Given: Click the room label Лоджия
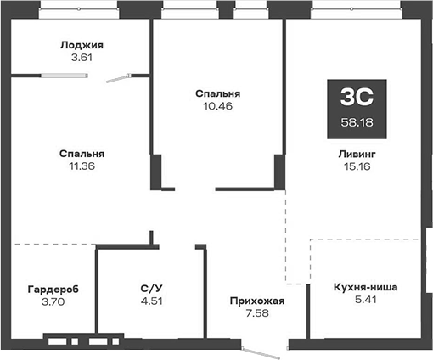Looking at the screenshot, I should pyautogui.click(x=82, y=45).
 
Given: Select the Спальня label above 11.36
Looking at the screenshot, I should pyautogui.click(x=82, y=154).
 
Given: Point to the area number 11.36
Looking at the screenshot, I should pyautogui.click(x=82, y=167).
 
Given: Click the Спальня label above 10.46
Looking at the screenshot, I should pyautogui.click(x=217, y=93).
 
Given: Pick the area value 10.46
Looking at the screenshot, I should pyautogui.click(x=217, y=107).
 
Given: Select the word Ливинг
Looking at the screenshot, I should pyautogui.click(x=354, y=154).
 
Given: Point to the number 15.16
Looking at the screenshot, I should pyautogui.click(x=354, y=167).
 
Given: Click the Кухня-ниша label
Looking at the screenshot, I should pyautogui.click(x=366, y=287).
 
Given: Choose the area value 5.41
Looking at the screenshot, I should pyautogui.click(x=366, y=301).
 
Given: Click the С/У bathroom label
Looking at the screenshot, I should pyautogui.click(x=150, y=287).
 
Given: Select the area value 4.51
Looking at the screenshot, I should pyautogui.click(x=150, y=301).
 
